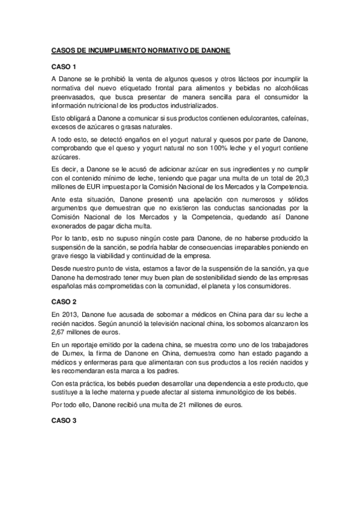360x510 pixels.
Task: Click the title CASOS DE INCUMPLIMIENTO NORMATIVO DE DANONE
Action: [140, 52]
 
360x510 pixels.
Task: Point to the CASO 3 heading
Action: [63, 420]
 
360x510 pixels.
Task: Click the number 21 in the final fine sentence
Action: [174, 406]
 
